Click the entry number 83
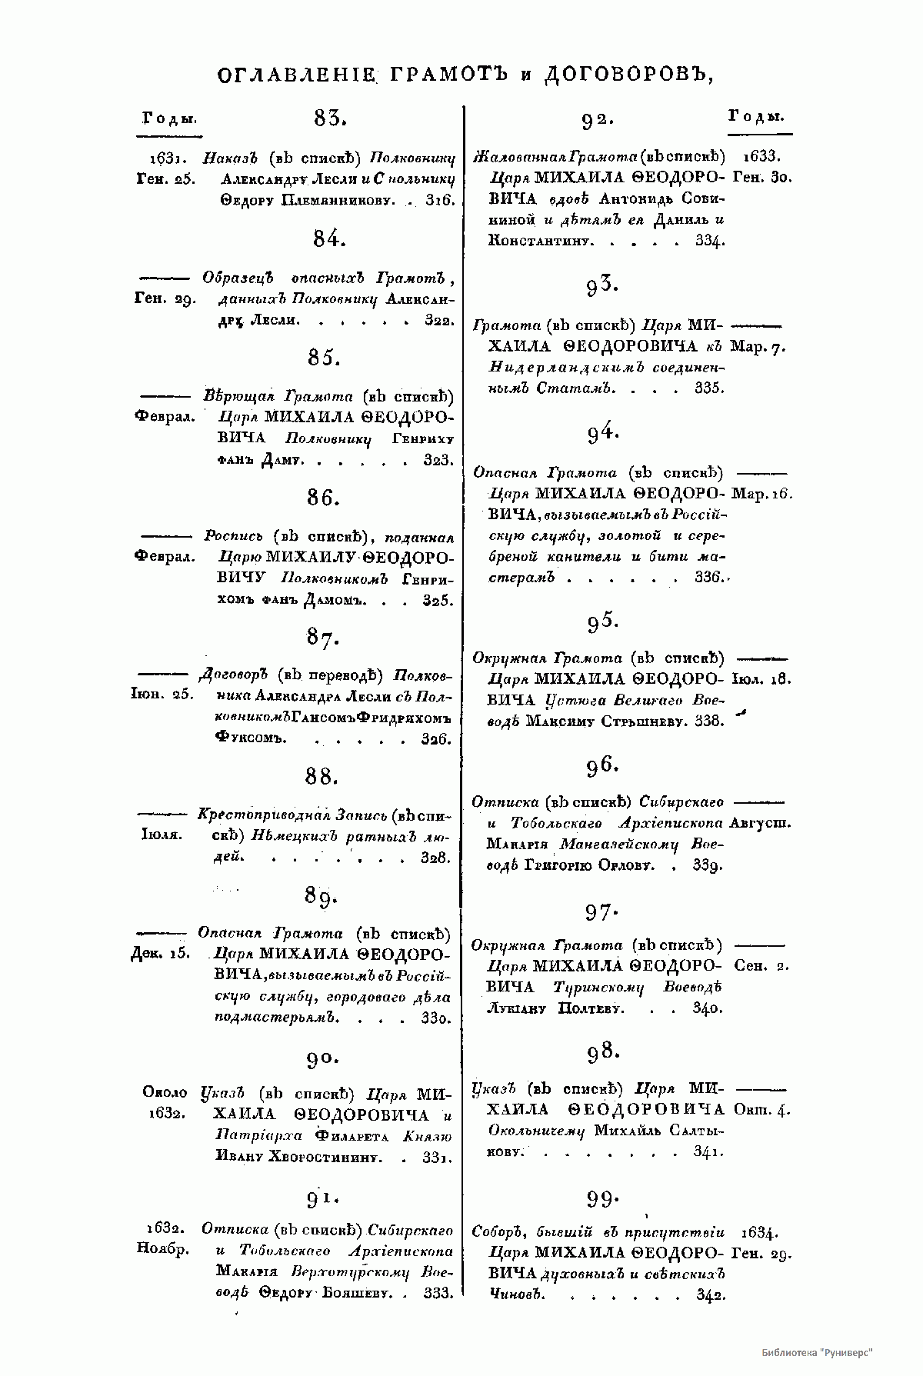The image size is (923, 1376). coord(331,118)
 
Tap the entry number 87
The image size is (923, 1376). coord(322,638)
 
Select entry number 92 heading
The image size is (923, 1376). coord(598,119)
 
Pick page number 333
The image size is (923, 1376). coord(438,1294)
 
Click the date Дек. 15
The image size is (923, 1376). coord(161,955)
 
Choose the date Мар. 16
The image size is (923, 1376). coord(761,493)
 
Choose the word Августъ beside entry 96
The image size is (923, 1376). coord(761,823)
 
